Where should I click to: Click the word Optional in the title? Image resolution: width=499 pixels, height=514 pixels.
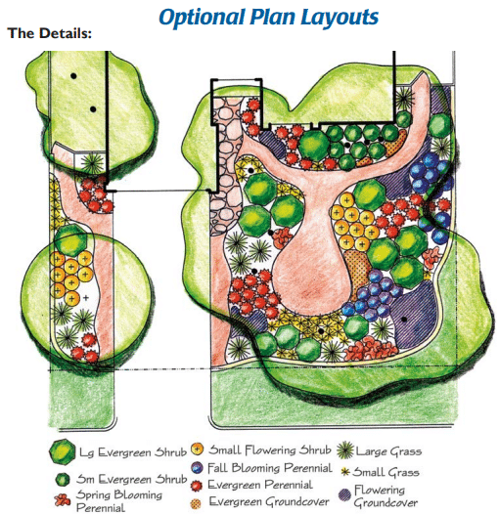pyautogui.click(x=202, y=17)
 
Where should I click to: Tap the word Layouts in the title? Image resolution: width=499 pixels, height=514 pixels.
pyautogui.click(x=340, y=17)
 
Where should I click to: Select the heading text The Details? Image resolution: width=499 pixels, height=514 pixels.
pyautogui.click(x=50, y=33)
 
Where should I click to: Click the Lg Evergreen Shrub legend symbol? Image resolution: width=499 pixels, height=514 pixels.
pyautogui.click(x=63, y=451)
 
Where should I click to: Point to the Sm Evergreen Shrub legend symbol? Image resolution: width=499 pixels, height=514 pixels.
pyautogui.click(x=63, y=479)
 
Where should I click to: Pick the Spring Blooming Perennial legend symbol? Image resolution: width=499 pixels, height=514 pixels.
pyautogui.click(x=63, y=500)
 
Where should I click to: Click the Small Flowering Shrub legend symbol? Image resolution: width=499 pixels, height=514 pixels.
pyautogui.click(x=197, y=449)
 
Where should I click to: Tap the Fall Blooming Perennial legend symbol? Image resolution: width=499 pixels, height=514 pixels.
pyautogui.click(x=197, y=468)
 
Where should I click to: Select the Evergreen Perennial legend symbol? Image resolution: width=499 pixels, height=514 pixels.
pyautogui.click(x=197, y=486)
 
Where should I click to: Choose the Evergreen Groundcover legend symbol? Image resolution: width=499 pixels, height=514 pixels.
pyautogui.click(x=196, y=503)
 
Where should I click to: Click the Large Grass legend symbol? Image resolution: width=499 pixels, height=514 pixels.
pyautogui.click(x=345, y=450)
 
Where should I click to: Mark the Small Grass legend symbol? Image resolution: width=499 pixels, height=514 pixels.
pyautogui.click(x=344, y=472)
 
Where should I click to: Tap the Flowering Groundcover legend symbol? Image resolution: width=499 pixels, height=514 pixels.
pyautogui.click(x=344, y=495)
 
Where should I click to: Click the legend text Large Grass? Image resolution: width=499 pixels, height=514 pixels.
pyautogui.click(x=389, y=451)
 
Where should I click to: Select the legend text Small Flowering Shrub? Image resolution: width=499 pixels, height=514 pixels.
pyautogui.click(x=270, y=450)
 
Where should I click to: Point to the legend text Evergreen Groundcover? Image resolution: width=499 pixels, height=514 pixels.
pyautogui.click(x=269, y=502)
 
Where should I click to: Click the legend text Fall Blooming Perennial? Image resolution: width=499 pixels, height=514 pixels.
pyautogui.click(x=270, y=468)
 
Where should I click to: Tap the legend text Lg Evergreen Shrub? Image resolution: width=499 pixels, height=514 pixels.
pyautogui.click(x=133, y=452)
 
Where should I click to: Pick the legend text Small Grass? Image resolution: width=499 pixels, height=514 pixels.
pyautogui.click(x=386, y=472)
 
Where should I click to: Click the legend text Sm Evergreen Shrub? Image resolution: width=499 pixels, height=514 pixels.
pyautogui.click(x=132, y=479)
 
